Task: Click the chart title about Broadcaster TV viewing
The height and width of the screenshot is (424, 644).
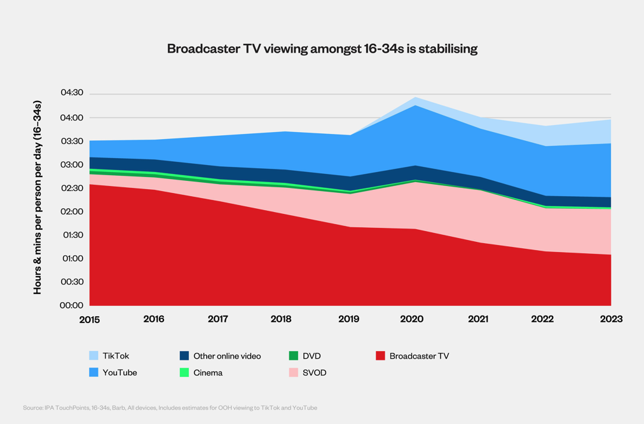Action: pyautogui.click(x=322, y=49)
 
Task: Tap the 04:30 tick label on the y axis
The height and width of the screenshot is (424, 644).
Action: pyautogui.click(x=71, y=93)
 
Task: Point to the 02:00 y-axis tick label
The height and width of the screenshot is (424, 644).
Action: pyautogui.click(x=71, y=211)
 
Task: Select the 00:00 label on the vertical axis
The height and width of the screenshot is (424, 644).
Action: pyautogui.click(x=71, y=305)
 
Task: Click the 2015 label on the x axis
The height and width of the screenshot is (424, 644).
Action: pyautogui.click(x=90, y=319)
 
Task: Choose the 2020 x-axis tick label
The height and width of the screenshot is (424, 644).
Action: pyautogui.click(x=412, y=319)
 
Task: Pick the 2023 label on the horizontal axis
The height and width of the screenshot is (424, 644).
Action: pyautogui.click(x=610, y=319)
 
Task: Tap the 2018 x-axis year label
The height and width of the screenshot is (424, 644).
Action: pyautogui.click(x=281, y=319)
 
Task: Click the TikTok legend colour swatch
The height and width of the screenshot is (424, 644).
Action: pyautogui.click(x=94, y=356)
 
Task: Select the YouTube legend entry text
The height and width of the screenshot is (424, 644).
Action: pyautogui.click(x=120, y=373)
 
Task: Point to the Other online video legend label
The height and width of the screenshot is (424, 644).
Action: pyautogui.click(x=227, y=356)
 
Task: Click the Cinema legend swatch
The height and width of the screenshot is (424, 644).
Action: pyautogui.click(x=184, y=373)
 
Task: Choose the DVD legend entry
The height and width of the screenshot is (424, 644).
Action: pyautogui.click(x=312, y=356)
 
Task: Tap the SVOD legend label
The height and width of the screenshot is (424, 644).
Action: pyautogui.click(x=314, y=373)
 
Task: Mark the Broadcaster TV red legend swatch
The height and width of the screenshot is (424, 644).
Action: pyautogui.click(x=380, y=356)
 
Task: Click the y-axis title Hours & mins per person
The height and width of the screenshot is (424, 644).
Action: pyautogui.click(x=38, y=197)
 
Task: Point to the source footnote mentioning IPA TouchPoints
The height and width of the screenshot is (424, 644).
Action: pyautogui.click(x=170, y=407)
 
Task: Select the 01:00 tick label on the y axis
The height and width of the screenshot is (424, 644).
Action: pyautogui.click(x=71, y=258)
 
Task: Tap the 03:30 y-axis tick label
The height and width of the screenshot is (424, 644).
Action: pyautogui.click(x=71, y=141)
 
